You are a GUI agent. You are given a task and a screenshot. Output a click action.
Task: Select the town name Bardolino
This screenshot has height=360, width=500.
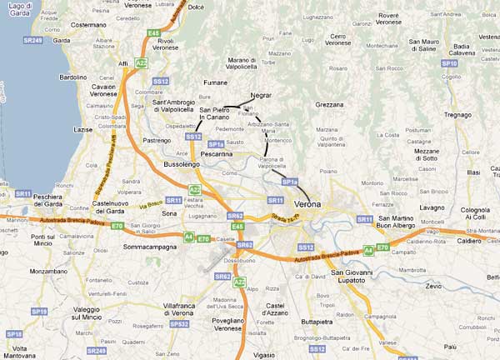pos(71,77)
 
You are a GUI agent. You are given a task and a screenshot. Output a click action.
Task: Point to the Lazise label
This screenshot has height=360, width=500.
pos(84,130)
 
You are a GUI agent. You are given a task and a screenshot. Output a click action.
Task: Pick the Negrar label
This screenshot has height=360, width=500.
pos(261,96)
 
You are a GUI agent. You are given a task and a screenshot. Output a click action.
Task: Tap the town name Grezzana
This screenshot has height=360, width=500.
pos(330,105)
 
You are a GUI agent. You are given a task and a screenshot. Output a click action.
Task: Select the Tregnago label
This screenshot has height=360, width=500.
pos(457,115)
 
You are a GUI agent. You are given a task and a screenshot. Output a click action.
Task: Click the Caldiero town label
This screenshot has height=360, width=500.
pos(469,242)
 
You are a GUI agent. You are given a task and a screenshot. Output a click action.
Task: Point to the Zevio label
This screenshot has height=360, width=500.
pos(432,285)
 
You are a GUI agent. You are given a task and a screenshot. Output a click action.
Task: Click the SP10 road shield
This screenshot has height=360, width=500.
pos(449,63)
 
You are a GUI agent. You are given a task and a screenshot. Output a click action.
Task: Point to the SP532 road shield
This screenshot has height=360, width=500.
pos(179,323)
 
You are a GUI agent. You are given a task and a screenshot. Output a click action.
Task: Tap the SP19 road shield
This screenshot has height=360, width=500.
pos(38,312)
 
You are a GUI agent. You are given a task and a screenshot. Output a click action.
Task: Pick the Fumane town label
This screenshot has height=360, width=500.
pos(214,82)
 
